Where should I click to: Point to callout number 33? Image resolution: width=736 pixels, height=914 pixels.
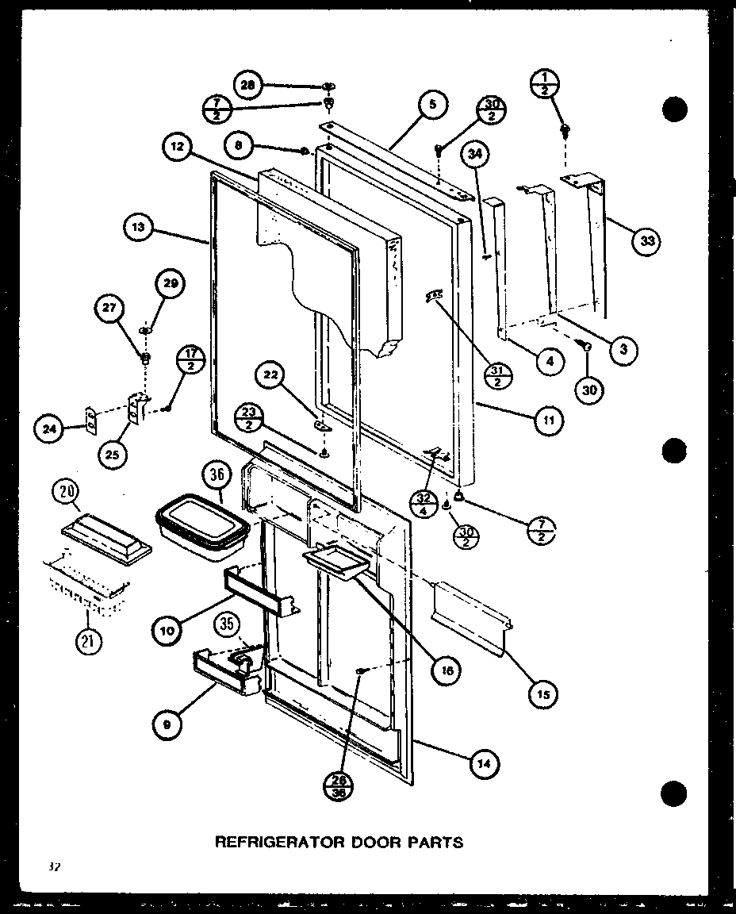tap(648, 242)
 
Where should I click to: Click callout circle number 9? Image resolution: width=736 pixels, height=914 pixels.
tap(167, 723)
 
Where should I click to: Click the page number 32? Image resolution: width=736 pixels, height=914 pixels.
tap(53, 867)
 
